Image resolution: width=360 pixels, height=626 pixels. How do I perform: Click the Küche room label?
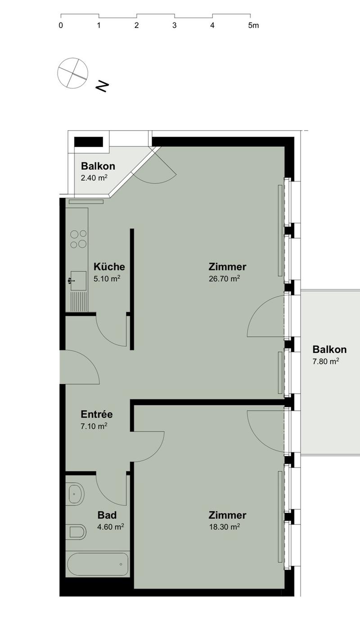109,267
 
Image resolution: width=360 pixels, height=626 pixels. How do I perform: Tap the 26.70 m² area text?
225,279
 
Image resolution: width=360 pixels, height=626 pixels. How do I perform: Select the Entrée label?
97,414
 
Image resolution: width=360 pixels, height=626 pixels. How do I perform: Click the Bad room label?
107,515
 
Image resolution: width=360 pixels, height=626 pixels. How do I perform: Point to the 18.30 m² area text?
225,527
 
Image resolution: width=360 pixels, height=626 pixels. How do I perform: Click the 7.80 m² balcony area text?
326,361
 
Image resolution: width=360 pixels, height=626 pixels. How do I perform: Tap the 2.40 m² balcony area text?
94,178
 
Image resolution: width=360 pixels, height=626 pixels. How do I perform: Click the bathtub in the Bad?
98,564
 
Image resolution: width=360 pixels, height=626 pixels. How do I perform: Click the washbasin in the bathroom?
76,494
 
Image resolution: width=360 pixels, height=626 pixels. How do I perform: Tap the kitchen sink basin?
78,281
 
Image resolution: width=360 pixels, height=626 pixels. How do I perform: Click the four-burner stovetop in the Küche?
78,239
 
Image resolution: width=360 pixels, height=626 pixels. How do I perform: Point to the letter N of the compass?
102,86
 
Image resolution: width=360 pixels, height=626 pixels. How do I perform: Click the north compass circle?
72,73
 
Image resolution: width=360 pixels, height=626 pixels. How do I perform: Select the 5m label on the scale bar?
253,25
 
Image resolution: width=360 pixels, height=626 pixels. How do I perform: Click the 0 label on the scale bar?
61,25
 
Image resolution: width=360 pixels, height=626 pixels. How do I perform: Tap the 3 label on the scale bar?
174,25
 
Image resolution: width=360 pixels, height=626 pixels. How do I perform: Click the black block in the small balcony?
89,142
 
